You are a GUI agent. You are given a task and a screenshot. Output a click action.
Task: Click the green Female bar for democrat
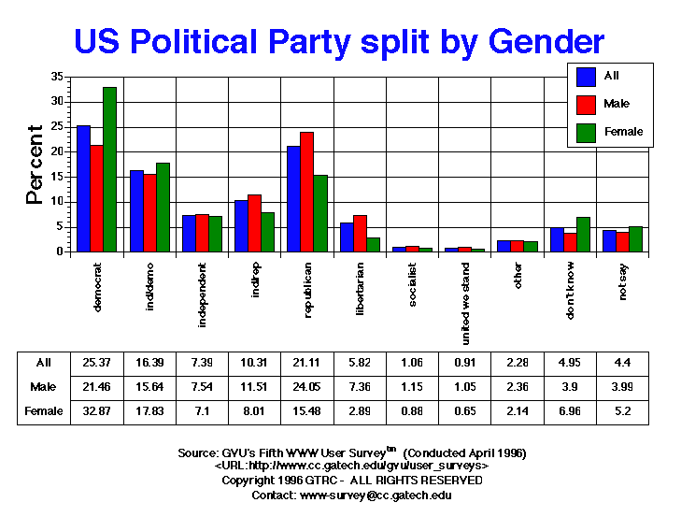[x=109, y=169]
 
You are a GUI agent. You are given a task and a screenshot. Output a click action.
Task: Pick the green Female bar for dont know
[x=583, y=234]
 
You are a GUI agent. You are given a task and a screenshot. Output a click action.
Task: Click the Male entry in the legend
[x=611, y=104]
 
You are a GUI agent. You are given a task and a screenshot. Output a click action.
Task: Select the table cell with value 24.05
[x=307, y=386]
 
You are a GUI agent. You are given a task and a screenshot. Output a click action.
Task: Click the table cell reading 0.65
[x=465, y=410]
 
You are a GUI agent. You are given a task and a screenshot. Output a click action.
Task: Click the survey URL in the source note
[x=351, y=466]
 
